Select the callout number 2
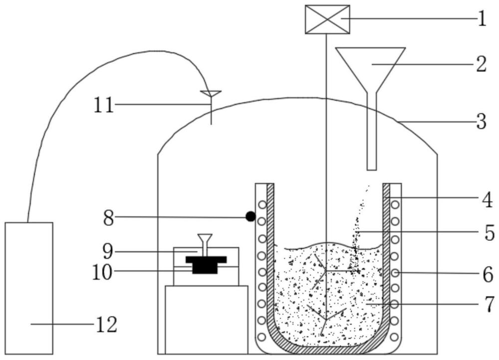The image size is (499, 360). tap(481, 64)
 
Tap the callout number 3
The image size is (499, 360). tap(481, 122)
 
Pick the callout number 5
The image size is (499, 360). tap(490, 232)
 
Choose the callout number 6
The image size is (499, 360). tap(488, 274)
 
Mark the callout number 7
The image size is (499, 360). tap(490, 304)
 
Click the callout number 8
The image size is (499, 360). tap(108, 218)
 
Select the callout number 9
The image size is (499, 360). tap(108, 252)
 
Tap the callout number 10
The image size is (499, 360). tap(102, 272)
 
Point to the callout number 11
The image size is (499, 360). tap(104, 105)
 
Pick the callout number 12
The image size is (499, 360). tap(107, 325)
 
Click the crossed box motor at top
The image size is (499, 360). tap(327, 19)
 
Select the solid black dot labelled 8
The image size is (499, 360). tap(250, 216)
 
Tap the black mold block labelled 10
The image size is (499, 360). tap(206, 265)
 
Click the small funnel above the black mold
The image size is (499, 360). tap(205, 244)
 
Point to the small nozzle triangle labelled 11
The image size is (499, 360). tap(211, 94)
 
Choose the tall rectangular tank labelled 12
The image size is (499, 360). tap(29, 288)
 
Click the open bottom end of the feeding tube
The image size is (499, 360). tap(372, 170)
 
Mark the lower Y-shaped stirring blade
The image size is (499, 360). tap(326, 318)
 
